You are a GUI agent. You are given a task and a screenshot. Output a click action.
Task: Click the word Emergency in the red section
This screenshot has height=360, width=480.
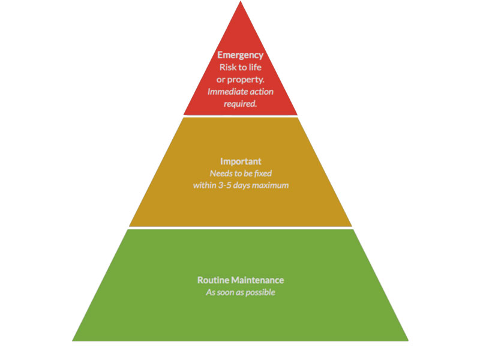point(240,55)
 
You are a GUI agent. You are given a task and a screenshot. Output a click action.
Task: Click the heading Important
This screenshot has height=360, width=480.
point(240,162)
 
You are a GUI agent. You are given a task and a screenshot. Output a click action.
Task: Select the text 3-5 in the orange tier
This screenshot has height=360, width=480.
point(224,185)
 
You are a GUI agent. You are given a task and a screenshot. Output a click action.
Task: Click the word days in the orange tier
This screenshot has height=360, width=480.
point(244,185)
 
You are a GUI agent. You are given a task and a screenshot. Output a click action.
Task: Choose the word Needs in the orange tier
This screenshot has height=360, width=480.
point(221,173)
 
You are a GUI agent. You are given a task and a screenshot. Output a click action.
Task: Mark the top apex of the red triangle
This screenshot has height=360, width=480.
point(241,2)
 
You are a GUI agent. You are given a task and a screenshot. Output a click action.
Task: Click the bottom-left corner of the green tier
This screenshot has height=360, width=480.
point(73,340)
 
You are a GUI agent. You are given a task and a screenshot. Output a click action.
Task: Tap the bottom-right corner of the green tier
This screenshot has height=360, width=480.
point(408,340)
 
